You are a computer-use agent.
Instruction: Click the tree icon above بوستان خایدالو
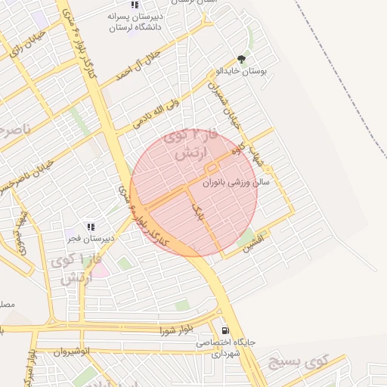point(241,59)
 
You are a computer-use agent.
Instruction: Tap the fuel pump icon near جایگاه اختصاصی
point(224,330)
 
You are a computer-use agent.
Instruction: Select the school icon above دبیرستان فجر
point(91,226)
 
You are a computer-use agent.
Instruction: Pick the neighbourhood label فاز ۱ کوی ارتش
point(73,269)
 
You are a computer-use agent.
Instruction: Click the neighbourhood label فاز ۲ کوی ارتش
point(193,144)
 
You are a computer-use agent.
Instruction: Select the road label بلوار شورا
point(178,330)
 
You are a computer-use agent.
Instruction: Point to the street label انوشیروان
point(73,351)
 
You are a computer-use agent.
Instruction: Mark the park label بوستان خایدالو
point(248,70)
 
